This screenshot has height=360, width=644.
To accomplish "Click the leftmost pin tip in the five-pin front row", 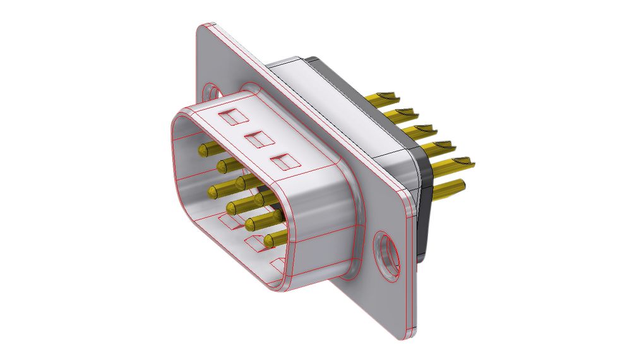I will (x=203, y=150).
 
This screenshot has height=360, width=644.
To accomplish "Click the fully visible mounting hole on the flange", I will (x=386, y=255).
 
